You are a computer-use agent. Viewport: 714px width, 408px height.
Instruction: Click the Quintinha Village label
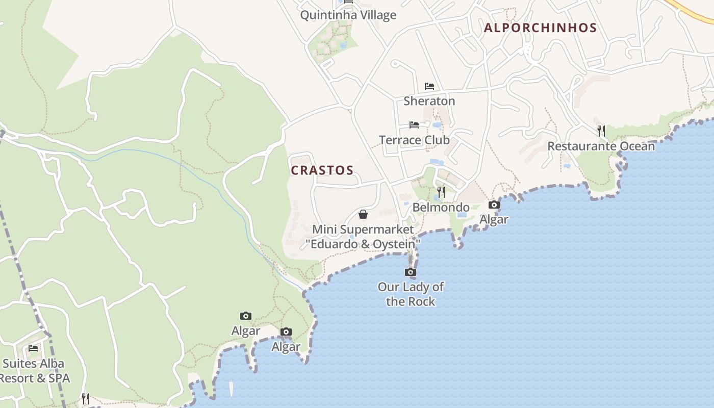click(x=348, y=15)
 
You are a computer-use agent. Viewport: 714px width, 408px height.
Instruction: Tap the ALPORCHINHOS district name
click(x=540, y=28)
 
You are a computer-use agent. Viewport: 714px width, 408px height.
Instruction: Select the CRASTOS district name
click(x=322, y=170)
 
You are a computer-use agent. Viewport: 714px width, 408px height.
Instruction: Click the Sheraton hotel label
click(x=429, y=101)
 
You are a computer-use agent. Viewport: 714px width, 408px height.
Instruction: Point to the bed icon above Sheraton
click(x=429, y=86)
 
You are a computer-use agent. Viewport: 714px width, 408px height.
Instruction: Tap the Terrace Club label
click(x=414, y=140)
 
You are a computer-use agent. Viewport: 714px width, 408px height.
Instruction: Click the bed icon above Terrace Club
click(x=414, y=125)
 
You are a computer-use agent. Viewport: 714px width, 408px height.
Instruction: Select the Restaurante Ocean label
click(x=601, y=146)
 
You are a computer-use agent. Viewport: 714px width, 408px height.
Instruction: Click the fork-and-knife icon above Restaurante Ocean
click(x=601, y=131)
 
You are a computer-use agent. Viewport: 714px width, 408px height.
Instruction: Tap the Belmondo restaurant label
click(x=441, y=207)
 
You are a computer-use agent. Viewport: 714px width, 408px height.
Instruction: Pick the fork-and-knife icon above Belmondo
click(x=441, y=192)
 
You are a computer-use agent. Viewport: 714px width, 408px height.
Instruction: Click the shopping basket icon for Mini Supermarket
click(x=363, y=214)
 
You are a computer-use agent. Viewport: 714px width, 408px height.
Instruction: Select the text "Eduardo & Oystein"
click(x=363, y=244)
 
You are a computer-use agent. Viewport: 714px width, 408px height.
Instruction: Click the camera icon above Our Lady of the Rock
click(x=411, y=272)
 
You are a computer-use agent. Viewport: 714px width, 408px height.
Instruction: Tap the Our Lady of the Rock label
click(x=411, y=294)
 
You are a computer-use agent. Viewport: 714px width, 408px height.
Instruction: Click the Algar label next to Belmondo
click(x=494, y=219)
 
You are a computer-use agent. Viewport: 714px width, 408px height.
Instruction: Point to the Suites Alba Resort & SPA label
click(x=34, y=371)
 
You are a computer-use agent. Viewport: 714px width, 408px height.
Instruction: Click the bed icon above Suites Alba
click(x=33, y=348)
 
